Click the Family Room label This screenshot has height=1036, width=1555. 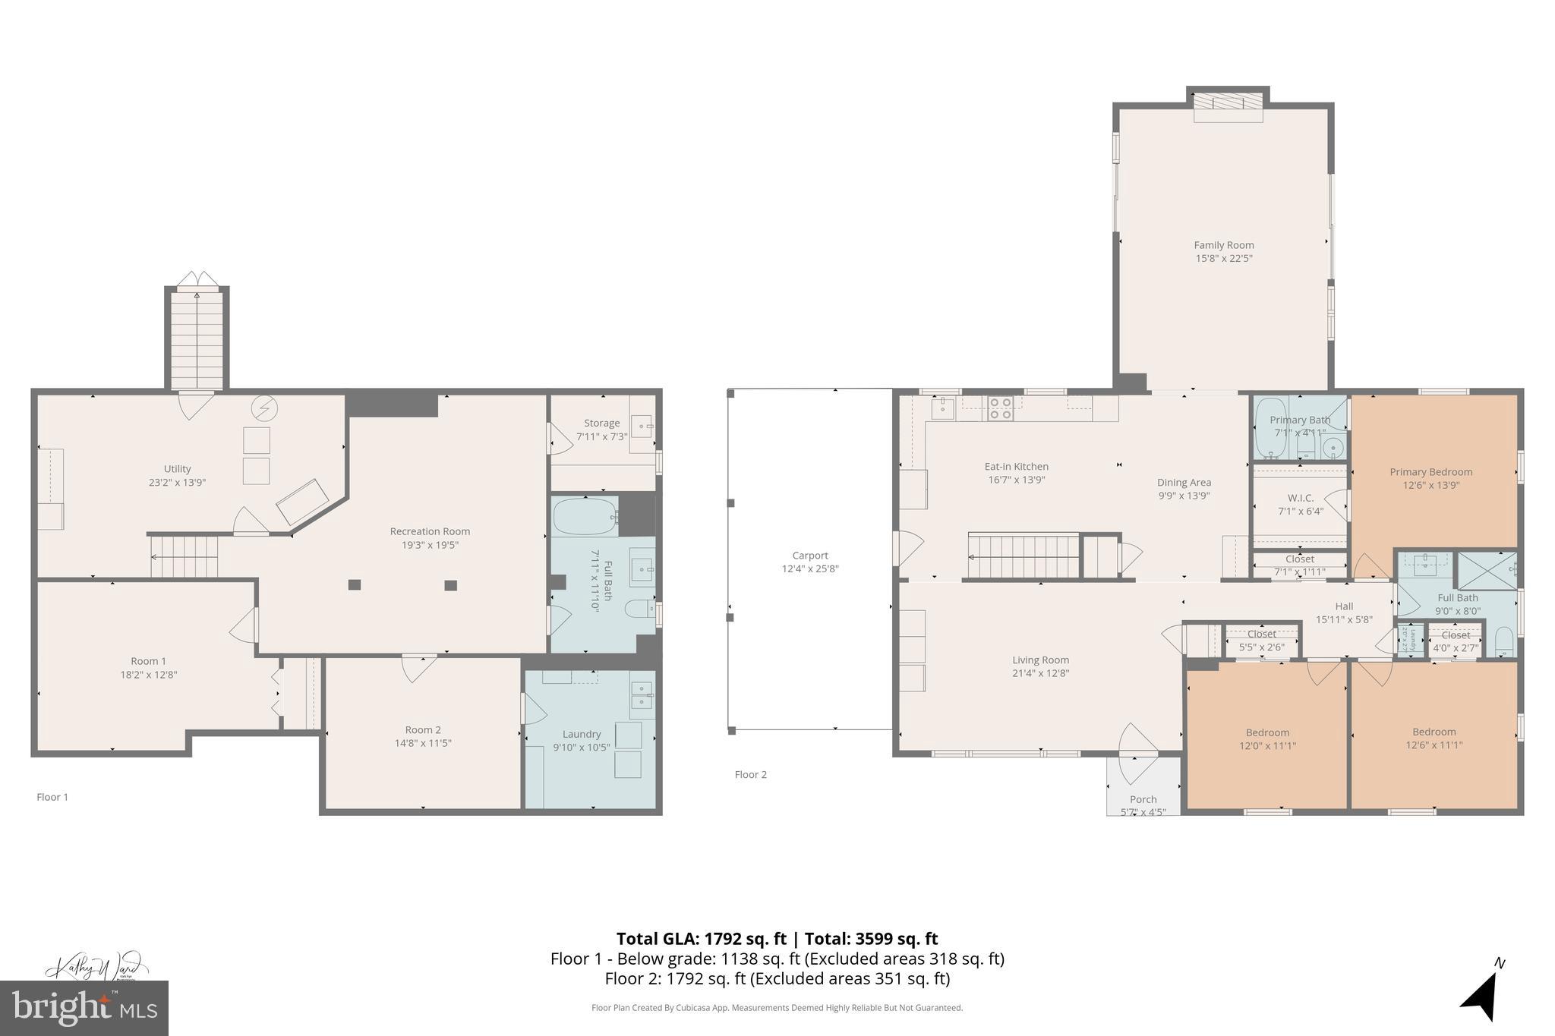[1223, 245]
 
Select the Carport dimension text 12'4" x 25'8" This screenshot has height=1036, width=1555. [810, 568]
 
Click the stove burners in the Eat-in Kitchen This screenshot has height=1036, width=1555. [1000, 409]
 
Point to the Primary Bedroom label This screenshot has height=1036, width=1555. [1430, 472]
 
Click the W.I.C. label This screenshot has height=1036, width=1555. [1300, 498]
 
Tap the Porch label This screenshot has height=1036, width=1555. [1143, 799]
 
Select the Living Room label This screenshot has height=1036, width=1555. [1040, 660]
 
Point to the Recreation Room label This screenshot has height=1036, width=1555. [430, 531]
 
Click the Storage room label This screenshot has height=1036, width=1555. [601, 424]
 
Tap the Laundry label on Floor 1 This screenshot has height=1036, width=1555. [582, 734]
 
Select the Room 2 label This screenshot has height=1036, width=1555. [423, 730]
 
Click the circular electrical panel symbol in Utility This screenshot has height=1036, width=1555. [265, 408]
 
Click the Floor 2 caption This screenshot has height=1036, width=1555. [750, 775]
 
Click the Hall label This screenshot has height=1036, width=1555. [1344, 606]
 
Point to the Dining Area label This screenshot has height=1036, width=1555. [1184, 483]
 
